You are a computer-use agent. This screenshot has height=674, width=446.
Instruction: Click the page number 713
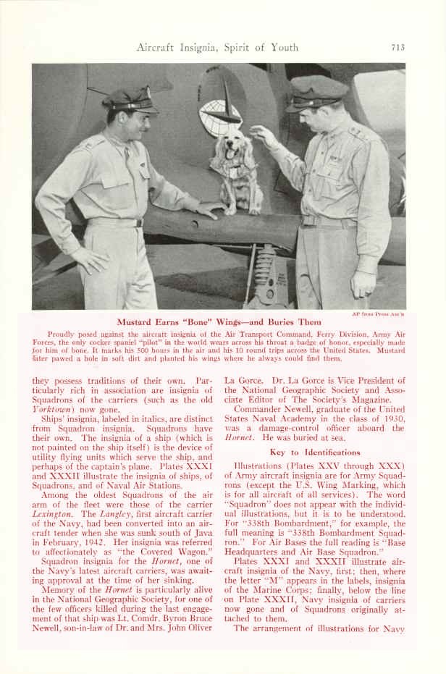(397, 48)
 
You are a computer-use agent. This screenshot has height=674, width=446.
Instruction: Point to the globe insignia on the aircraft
(219, 115)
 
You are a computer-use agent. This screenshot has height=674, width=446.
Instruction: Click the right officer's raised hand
(262, 134)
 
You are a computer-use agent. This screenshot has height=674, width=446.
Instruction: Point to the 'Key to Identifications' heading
(314, 452)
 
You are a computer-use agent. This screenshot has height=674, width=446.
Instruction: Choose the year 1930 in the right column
(392, 419)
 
